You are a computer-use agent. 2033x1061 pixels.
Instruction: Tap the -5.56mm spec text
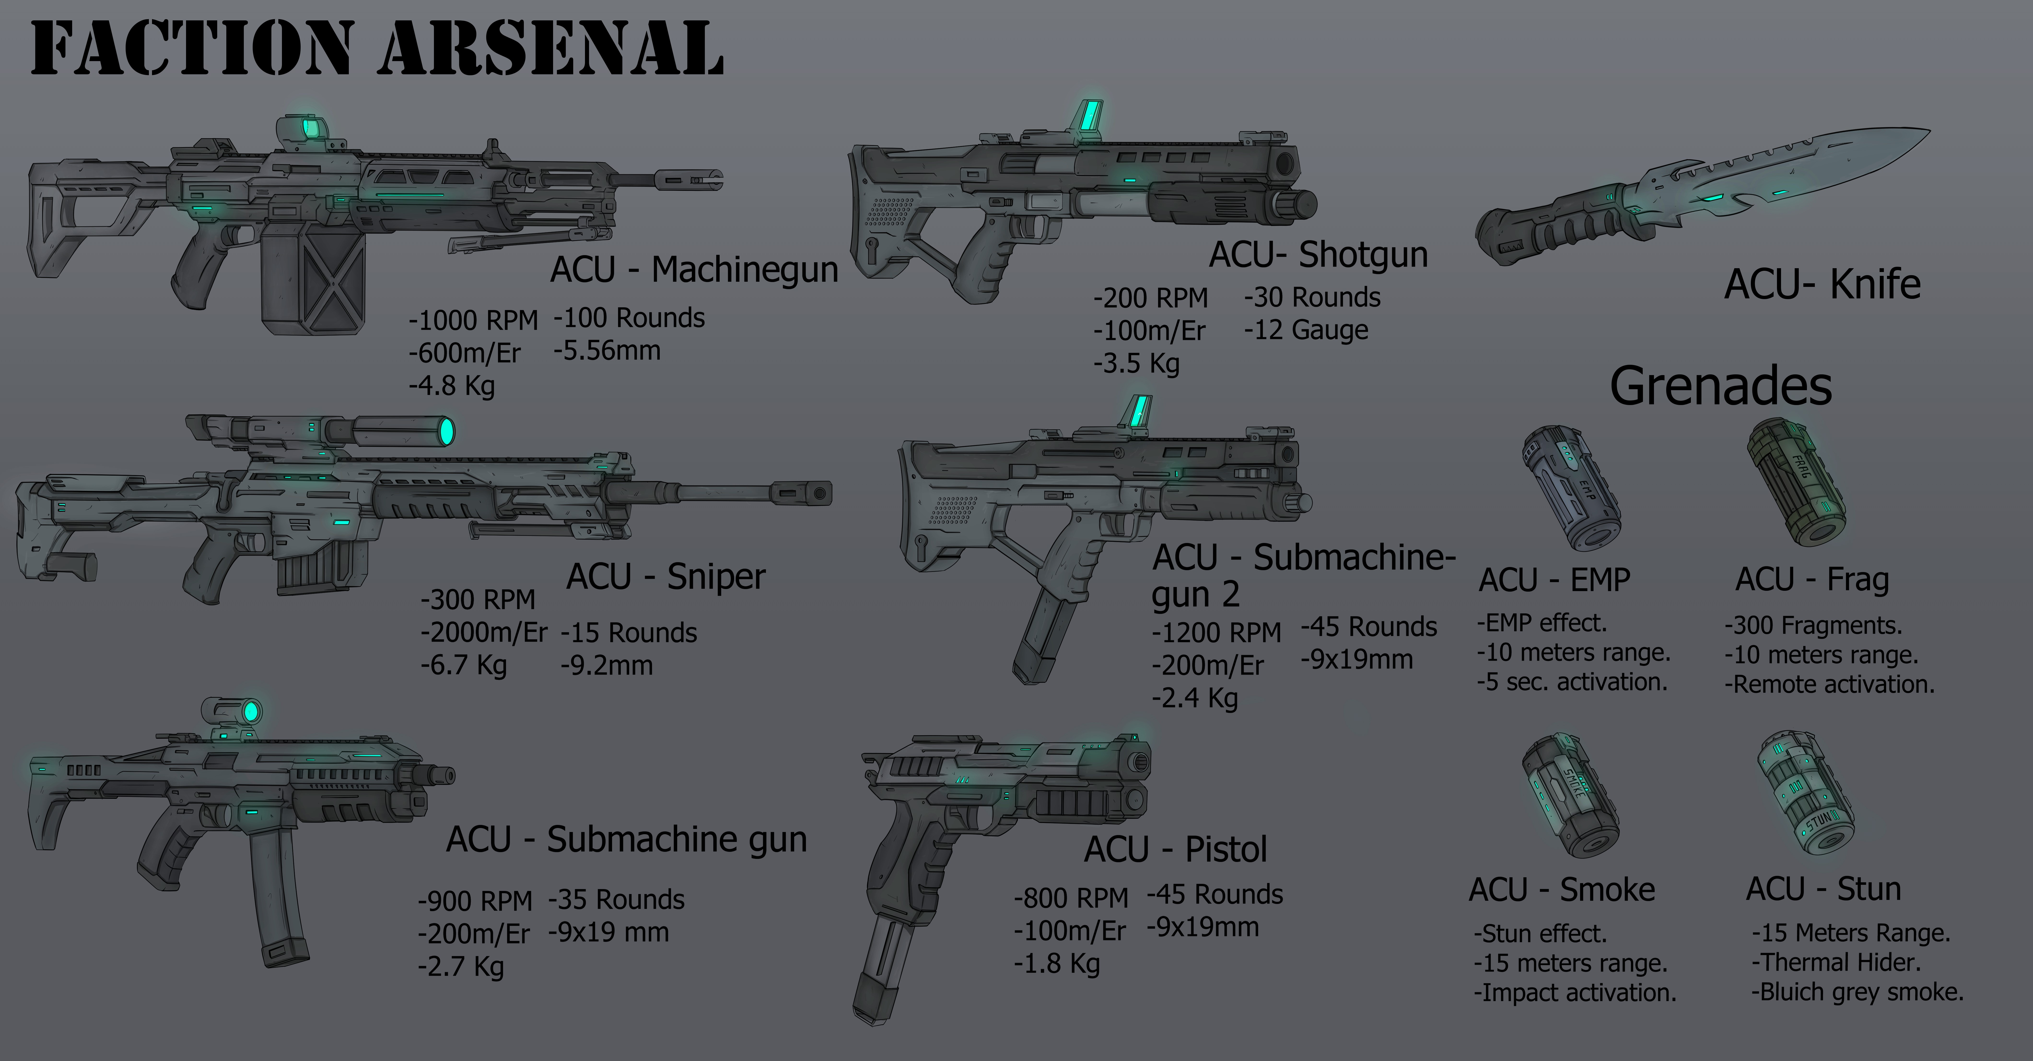tap(607, 350)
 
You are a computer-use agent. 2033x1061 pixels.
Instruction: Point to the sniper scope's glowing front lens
tap(446, 431)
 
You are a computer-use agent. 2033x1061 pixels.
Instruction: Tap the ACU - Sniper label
tap(665, 577)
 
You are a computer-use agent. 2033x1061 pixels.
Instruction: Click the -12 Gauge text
tap(1306, 330)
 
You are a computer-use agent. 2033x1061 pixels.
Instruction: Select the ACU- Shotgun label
tap(1318, 254)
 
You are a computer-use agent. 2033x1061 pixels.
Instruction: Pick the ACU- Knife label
tap(1822, 284)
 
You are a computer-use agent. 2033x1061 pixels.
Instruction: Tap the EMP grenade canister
tap(1571, 489)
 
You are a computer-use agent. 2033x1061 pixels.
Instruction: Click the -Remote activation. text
tap(1829, 684)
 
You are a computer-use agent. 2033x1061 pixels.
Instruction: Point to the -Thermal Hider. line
tap(1836, 962)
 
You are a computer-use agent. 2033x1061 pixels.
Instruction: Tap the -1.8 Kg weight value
tap(1057, 963)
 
